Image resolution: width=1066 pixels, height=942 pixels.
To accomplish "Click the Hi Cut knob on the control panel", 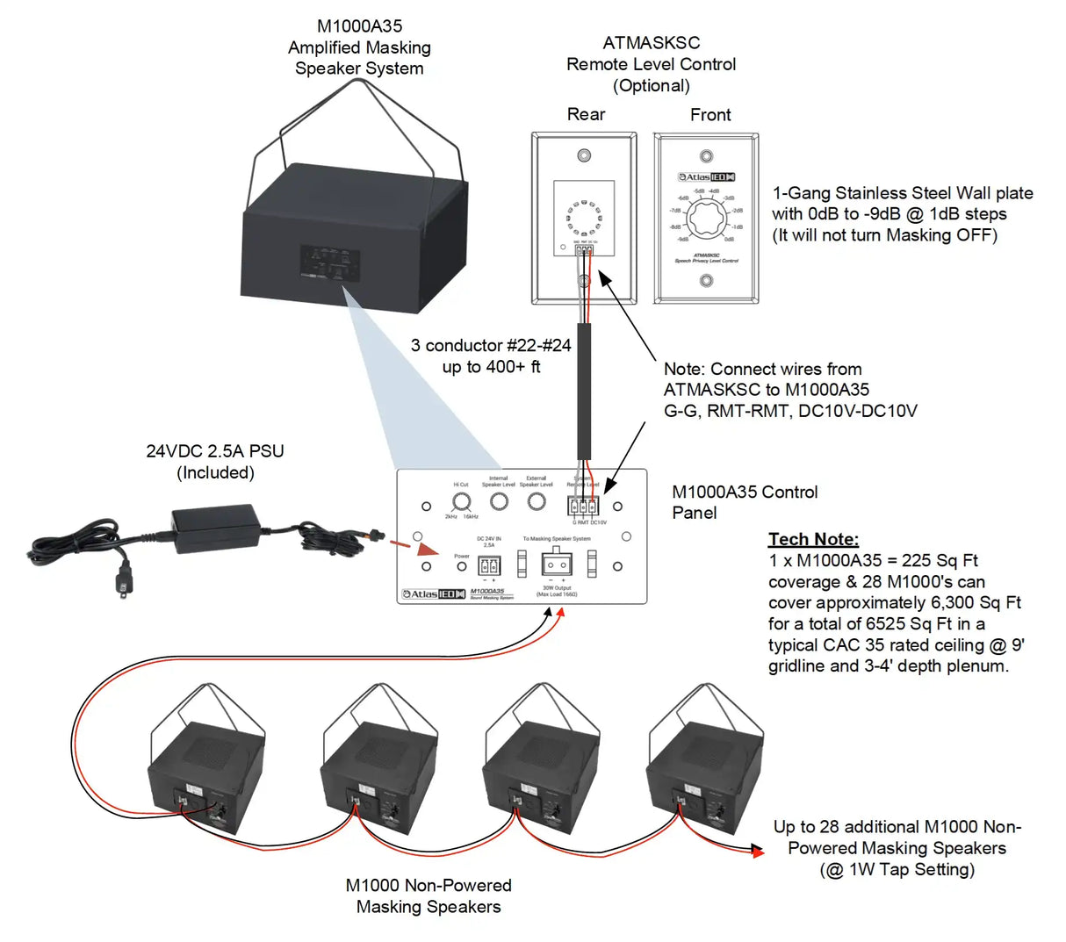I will coord(461,502).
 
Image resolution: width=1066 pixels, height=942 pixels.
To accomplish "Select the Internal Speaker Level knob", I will coord(499,502).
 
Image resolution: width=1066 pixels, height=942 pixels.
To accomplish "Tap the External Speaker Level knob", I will coord(536,502).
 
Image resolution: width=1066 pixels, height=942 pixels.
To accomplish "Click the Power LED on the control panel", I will coord(462,566).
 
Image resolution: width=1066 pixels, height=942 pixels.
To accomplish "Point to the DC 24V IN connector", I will coord(484,565).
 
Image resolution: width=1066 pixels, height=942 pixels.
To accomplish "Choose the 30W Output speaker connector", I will coord(557,562).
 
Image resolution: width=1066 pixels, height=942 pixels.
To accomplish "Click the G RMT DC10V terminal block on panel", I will coord(583,506).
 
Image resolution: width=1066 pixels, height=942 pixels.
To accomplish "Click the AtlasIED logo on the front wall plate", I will coord(706,177).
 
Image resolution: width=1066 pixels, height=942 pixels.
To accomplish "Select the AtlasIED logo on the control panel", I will coord(434,594).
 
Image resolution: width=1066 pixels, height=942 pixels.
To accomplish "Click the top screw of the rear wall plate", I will coord(584,156).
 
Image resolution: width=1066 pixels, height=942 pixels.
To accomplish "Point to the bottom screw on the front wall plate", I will coord(706,281).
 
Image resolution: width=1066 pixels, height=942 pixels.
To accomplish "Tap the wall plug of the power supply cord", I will coord(125,582).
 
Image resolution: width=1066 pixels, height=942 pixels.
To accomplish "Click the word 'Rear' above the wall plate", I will coord(586,114).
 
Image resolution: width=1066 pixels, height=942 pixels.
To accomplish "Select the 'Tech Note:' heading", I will coord(813,539).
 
